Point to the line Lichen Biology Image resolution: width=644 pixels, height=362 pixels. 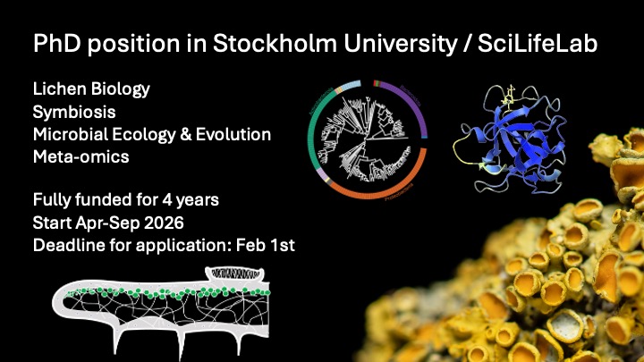[x=90, y=90]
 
